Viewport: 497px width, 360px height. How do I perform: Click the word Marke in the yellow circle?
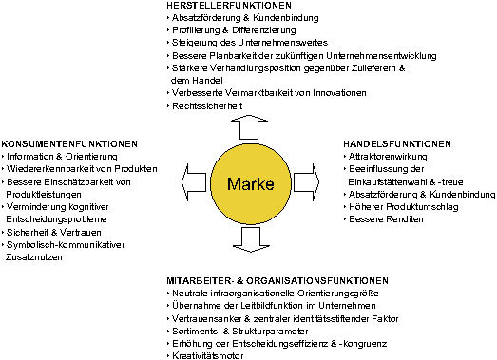pyautogui.click(x=251, y=184)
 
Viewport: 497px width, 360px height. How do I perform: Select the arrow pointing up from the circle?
pyautogui.click(x=249, y=127)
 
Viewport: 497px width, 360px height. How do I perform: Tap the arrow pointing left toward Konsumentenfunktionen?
pyautogui.click(x=194, y=182)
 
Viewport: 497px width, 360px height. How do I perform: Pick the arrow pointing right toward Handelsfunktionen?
pyautogui.click(x=307, y=182)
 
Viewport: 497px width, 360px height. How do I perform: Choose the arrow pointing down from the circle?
pyautogui.click(x=251, y=240)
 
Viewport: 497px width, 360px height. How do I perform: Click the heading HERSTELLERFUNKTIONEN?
pyautogui.click(x=229, y=6)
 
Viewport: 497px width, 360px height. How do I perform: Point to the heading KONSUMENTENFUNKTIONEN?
pyautogui.click(x=69, y=144)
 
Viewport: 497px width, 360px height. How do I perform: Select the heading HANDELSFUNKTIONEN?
pyautogui.click(x=397, y=144)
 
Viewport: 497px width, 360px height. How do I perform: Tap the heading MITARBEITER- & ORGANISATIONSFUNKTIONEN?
pyautogui.click(x=277, y=281)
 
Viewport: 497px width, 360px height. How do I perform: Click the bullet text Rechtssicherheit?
pyautogui.click(x=207, y=105)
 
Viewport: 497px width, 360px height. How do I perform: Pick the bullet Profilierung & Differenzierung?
pyautogui.click(x=234, y=30)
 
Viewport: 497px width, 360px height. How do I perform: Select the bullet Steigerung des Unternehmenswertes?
pyautogui.click(x=250, y=43)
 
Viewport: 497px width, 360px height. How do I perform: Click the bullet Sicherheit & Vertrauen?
pyautogui.click(x=54, y=233)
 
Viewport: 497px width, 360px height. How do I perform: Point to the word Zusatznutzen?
pyautogui.click(x=34, y=257)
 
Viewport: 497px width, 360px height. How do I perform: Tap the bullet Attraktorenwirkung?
pyautogui.click(x=388, y=157)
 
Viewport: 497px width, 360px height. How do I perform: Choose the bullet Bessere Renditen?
pyautogui.click(x=386, y=219)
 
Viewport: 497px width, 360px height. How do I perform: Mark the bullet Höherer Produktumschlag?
pyautogui.click(x=404, y=207)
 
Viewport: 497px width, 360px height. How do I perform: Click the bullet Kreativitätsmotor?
pyautogui.click(x=208, y=356)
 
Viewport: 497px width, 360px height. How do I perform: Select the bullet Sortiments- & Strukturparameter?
pyautogui.click(x=239, y=332)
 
